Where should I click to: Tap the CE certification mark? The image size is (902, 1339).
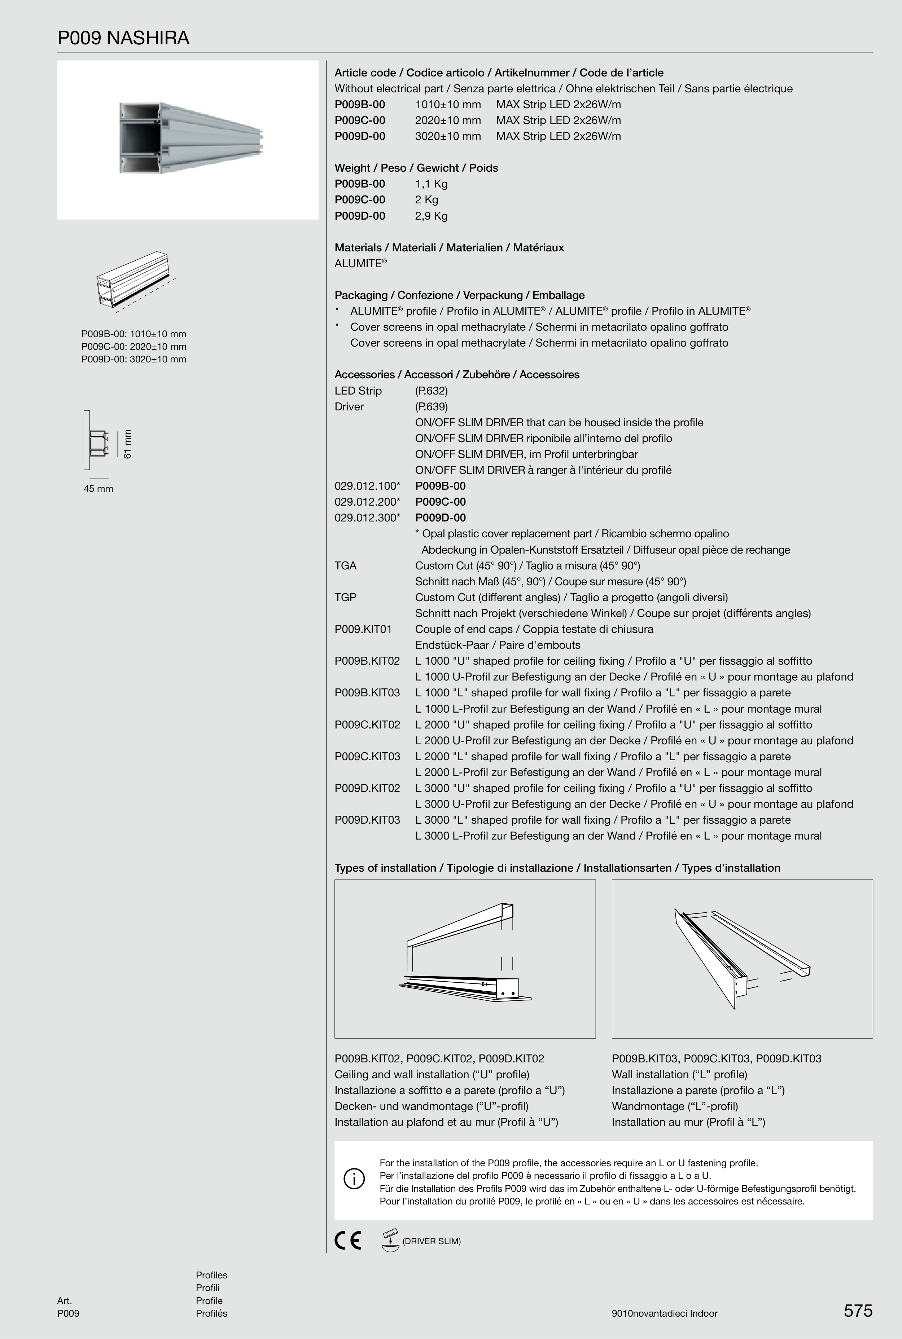(347, 1240)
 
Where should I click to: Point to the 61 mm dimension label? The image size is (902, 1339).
(128, 444)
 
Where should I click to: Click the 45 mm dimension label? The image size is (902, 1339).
(98, 489)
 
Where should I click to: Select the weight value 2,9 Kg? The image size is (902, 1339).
(431, 216)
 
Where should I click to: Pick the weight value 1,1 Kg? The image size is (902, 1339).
(431, 184)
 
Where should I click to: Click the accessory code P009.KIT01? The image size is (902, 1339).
(363, 629)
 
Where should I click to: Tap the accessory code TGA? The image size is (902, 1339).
(346, 566)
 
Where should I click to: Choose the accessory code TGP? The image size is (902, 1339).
(346, 597)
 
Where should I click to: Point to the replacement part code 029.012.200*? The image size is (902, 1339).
(367, 502)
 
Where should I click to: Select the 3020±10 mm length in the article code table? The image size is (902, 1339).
(447, 136)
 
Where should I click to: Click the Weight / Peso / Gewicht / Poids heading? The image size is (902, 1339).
(416, 168)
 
